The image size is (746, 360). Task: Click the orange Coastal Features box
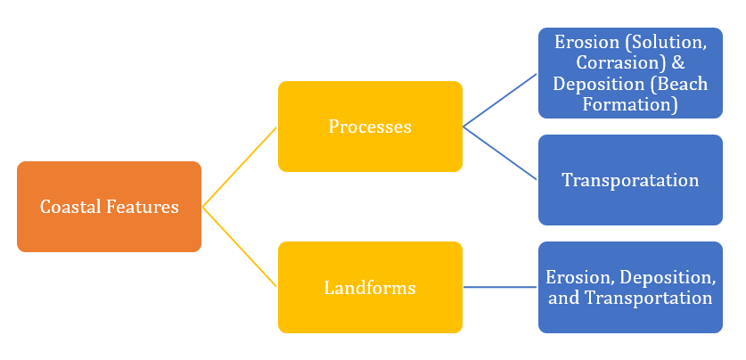[109, 207]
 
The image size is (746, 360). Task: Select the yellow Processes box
[370, 127]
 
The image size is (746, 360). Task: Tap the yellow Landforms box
[370, 288]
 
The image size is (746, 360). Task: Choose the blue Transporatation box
[630, 180]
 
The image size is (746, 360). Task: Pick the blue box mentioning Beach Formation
[630, 73]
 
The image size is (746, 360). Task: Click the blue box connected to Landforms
[630, 288]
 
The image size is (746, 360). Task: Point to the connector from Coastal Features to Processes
[240, 167]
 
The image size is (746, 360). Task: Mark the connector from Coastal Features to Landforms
[240, 247]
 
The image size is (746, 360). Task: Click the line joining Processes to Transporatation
[500, 153]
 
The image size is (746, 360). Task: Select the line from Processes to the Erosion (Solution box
[500, 100]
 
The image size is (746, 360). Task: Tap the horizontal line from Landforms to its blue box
[500, 287]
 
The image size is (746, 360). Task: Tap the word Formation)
[630, 104]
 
